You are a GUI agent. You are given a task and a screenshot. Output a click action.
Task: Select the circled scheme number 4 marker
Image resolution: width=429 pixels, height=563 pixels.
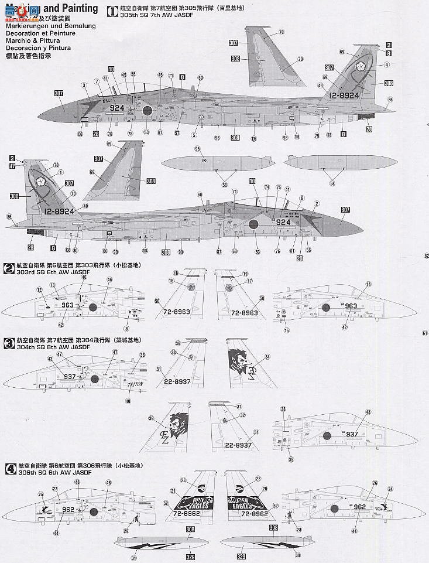9,469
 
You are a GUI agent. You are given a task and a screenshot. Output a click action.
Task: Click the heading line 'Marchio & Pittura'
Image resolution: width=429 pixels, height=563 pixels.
31,42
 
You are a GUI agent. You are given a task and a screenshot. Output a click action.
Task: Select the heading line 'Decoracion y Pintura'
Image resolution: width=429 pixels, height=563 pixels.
36,49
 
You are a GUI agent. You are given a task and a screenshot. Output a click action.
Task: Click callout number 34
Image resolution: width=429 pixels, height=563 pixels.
267,357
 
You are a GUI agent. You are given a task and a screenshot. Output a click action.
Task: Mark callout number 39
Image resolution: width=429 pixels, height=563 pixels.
151,419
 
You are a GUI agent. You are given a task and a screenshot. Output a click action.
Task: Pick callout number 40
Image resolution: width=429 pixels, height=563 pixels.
128,401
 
